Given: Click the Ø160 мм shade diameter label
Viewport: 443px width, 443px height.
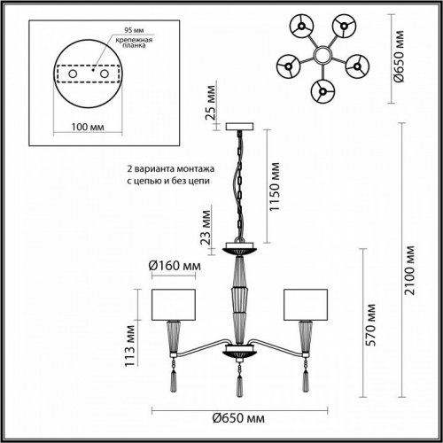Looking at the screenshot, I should click(x=174, y=266).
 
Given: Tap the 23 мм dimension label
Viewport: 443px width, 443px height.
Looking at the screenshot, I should click(x=206, y=227).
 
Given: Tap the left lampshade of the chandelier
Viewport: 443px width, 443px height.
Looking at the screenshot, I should click(x=174, y=304).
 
